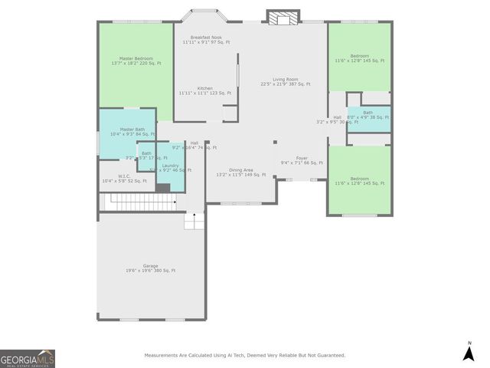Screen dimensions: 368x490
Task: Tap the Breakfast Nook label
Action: [206, 38]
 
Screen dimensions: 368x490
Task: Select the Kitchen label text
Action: [205, 88]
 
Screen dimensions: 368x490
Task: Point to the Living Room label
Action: [285, 79]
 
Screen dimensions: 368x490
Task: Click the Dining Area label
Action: [240, 169]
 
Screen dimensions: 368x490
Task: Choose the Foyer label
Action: [302, 158]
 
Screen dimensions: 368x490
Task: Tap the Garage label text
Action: [150, 266]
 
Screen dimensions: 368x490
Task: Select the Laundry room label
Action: [170, 165]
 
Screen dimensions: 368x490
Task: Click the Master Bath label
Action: [132, 130]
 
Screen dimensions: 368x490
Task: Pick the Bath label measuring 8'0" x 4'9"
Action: [368, 113]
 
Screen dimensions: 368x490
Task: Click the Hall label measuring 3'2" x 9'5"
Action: [337, 117]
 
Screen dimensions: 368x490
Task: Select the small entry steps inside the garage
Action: [194, 222]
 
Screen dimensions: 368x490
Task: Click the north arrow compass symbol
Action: [469, 352]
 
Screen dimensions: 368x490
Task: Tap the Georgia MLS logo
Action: [27, 359]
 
